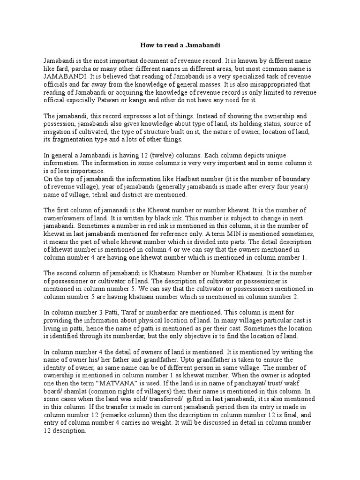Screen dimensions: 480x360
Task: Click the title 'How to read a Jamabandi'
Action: (180, 45)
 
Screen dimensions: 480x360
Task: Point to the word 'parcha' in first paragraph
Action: (79, 68)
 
